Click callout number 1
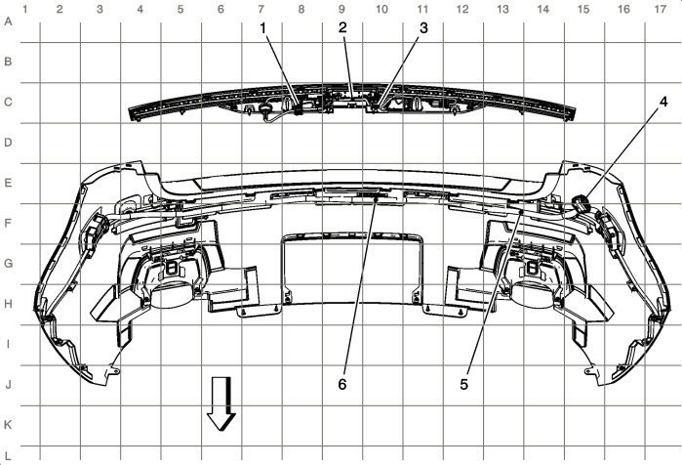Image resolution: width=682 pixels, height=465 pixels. [262, 27]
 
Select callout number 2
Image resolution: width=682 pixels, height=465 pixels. [342, 27]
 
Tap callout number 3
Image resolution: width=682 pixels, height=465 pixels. [422, 27]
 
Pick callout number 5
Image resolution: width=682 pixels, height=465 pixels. [464, 384]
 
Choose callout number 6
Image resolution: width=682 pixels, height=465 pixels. [342, 384]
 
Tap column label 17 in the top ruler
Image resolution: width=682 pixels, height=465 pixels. [662, 9]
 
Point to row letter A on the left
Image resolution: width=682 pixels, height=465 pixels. [8, 21]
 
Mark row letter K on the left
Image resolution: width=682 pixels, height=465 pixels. [8, 425]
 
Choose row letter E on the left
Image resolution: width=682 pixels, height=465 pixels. [8, 182]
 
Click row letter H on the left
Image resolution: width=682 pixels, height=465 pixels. [8, 304]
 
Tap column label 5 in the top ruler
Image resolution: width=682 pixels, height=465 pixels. [181, 9]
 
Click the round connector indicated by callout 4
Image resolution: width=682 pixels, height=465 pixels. [582, 202]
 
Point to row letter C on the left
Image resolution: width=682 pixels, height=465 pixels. [8, 101]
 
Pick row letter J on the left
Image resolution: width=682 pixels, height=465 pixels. [8, 384]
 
